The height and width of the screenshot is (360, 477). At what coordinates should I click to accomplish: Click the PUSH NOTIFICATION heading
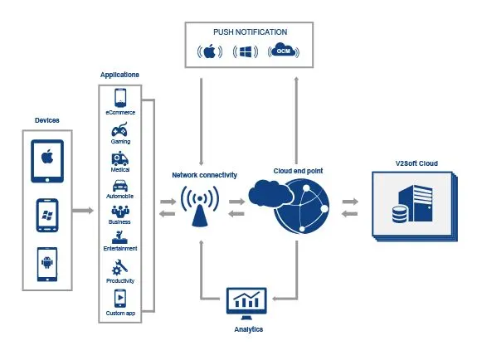coord(250,32)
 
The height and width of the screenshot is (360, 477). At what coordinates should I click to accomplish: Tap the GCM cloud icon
coord(284,51)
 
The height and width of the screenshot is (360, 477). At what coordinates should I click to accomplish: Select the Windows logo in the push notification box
coord(246,51)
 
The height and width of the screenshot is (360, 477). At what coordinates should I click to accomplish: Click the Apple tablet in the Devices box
coord(47,161)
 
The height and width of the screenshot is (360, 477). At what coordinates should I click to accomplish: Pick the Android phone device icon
coord(47,265)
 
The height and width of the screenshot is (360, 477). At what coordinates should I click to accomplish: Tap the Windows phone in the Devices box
coord(47,215)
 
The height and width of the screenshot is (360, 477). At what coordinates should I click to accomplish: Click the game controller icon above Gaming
coord(119,130)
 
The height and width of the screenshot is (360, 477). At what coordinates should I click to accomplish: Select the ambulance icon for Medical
coord(119,158)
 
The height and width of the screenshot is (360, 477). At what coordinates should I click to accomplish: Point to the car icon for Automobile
coord(120,186)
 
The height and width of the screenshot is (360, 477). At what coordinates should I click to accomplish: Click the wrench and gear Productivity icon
coord(119,267)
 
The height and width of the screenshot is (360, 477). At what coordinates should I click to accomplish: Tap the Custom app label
coord(120,314)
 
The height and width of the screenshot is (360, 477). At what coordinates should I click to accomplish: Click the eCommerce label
coord(120,112)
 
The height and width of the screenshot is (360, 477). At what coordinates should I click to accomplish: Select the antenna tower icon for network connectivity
coord(200,207)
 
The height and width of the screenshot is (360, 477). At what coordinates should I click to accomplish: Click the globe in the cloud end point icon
coord(301,207)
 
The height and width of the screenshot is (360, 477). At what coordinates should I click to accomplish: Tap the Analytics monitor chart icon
coord(246,304)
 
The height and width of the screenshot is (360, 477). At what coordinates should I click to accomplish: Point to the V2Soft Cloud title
coord(416,163)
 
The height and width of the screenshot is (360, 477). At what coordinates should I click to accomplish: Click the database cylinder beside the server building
coord(399,214)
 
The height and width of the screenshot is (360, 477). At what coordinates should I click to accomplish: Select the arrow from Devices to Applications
coord(83,211)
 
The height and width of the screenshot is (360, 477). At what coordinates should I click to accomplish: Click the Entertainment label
coord(120,249)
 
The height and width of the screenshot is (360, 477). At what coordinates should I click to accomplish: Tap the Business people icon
coord(120,211)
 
